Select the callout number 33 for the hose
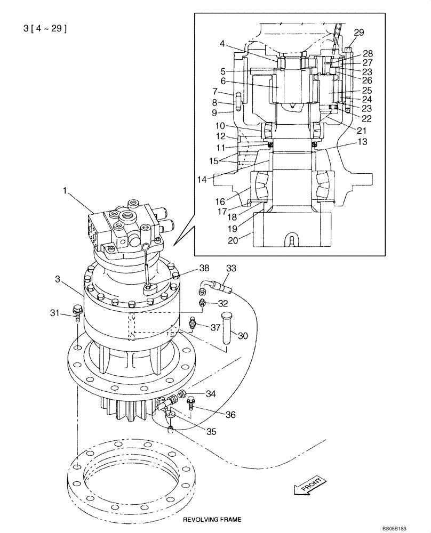[231, 269]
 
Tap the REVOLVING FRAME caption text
[212, 519]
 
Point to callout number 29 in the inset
[359, 33]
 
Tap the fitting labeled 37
[193, 323]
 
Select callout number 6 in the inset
[219, 81]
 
